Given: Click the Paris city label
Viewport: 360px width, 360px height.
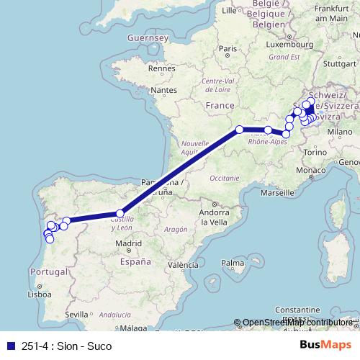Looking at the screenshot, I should pyautogui.click(x=228, y=49).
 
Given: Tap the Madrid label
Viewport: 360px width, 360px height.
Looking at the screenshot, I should pyautogui.click(x=129, y=243).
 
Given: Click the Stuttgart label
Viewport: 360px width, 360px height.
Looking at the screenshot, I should pyautogui.click(x=336, y=63).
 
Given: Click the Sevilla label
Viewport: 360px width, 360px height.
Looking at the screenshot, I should pyautogui.click(x=76, y=315).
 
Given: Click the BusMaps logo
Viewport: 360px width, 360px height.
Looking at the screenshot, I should pyautogui.click(x=325, y=346).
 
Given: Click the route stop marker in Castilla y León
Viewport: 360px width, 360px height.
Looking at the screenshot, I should pyautogui.click(x=120, y=213).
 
